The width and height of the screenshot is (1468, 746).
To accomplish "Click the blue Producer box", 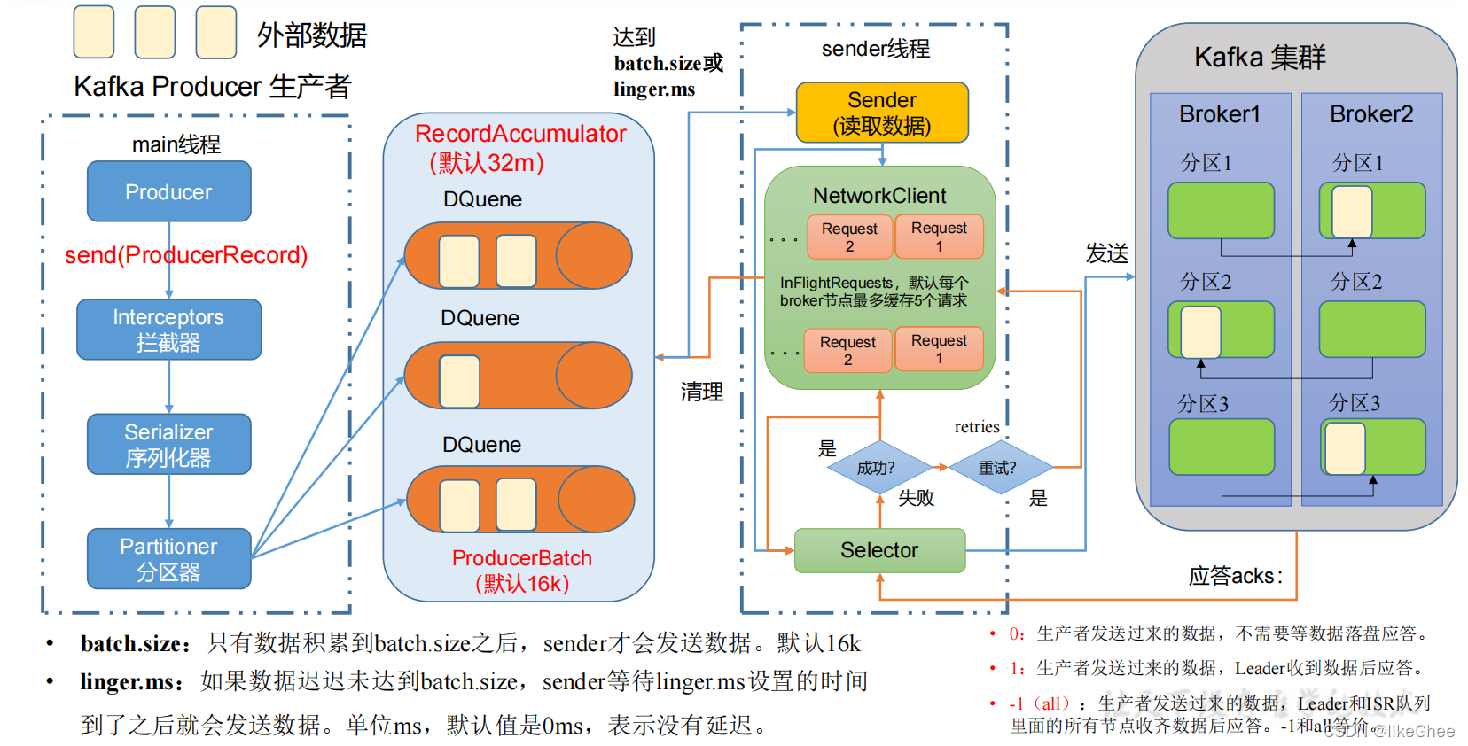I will (x=168, y=191).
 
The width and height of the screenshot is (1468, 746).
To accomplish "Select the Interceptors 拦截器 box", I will (x=168, y=330).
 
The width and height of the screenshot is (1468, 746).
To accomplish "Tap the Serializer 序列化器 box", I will (x=168, y=444).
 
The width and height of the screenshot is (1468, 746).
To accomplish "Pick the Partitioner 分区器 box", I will (x=168, y=558).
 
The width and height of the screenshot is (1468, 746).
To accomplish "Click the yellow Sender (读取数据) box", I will (x=881, y=113).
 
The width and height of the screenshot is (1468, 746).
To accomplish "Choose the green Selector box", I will (x=878, y=550).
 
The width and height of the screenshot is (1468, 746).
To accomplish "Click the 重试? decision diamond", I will (x=998, y=467).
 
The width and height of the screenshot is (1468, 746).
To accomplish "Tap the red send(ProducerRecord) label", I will (x=186, y=255).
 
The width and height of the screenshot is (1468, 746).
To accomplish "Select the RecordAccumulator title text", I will (x=520, y=134).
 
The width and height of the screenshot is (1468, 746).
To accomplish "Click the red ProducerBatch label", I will (x=521, y=558).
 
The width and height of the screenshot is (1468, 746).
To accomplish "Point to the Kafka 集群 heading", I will (x=1260, y=58).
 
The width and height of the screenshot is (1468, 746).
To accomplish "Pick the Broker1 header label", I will (x=1219, y=114).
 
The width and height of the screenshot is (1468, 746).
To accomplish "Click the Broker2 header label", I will (x=1370, y=114).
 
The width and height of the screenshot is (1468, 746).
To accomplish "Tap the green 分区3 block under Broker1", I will (x=1221, y=447).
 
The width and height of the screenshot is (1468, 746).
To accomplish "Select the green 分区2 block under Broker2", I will (x=1371, y=329).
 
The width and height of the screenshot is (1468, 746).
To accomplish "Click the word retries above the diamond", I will (x=977, y=427).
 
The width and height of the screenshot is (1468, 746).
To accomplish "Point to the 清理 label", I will (x=702, y=392).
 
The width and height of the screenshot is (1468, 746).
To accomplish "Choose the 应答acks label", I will (x=1235, y=577).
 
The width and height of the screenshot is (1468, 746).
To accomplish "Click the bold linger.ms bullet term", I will (x=131, y=682).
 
